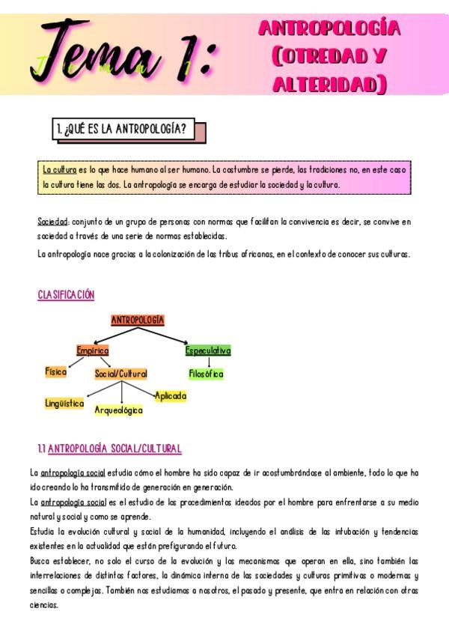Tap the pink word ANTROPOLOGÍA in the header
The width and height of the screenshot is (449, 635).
(x=329, y=28)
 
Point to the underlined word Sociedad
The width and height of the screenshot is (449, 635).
(x=53, y=222)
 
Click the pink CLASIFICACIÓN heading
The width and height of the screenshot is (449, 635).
(x=66, y=295)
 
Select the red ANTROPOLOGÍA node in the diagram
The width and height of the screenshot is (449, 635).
(x=138, y=320)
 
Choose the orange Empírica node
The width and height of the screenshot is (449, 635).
(x=93, y=350)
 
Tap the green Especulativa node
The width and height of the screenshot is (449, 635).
(x=208, y=350)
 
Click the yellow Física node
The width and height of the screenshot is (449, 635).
(x=56, y=371)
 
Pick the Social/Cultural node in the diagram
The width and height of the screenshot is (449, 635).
(x=120, y=374)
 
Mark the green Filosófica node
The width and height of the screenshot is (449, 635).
(x=206, y=374)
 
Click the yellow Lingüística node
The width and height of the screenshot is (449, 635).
(x=64, y=403)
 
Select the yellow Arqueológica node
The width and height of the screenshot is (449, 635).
(x=118, y=410)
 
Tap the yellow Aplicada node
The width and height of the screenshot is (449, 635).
(x=171, y=395)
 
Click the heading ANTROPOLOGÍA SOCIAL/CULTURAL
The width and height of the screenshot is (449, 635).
(x=114, y=449)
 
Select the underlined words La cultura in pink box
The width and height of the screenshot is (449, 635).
(x=60, y=170)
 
